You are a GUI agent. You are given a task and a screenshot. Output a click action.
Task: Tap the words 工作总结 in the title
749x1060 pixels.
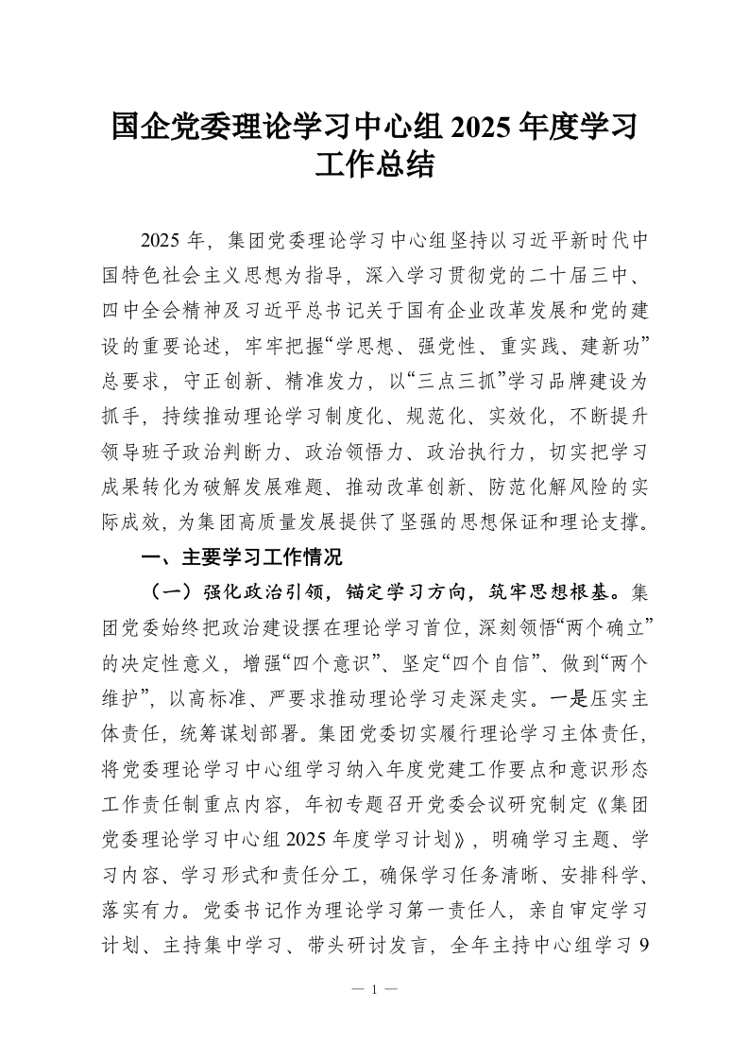click(x=375, y=166)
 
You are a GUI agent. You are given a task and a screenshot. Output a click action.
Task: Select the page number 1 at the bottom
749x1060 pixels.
click(x=374, y=989)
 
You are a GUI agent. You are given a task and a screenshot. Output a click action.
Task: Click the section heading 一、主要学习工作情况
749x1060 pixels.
click(x=241, y=557)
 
